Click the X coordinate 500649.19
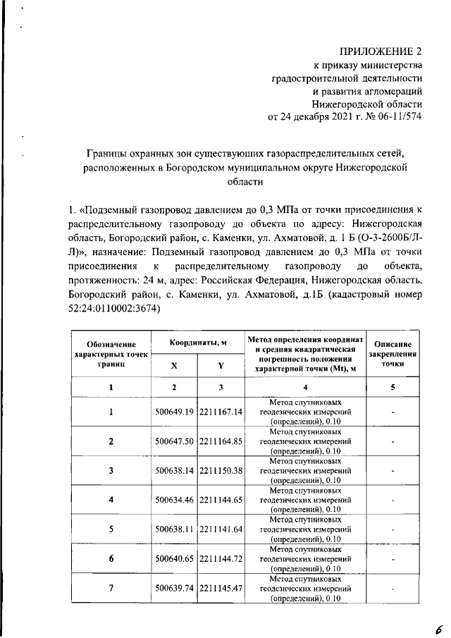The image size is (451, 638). pos(174,412)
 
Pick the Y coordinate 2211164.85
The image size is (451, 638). pos(221,441)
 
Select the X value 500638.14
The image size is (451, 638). pos(174,470)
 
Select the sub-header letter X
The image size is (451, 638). pos(174,365)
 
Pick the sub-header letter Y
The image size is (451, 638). pos(221,365)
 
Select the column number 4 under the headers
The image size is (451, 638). pos(305,388)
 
